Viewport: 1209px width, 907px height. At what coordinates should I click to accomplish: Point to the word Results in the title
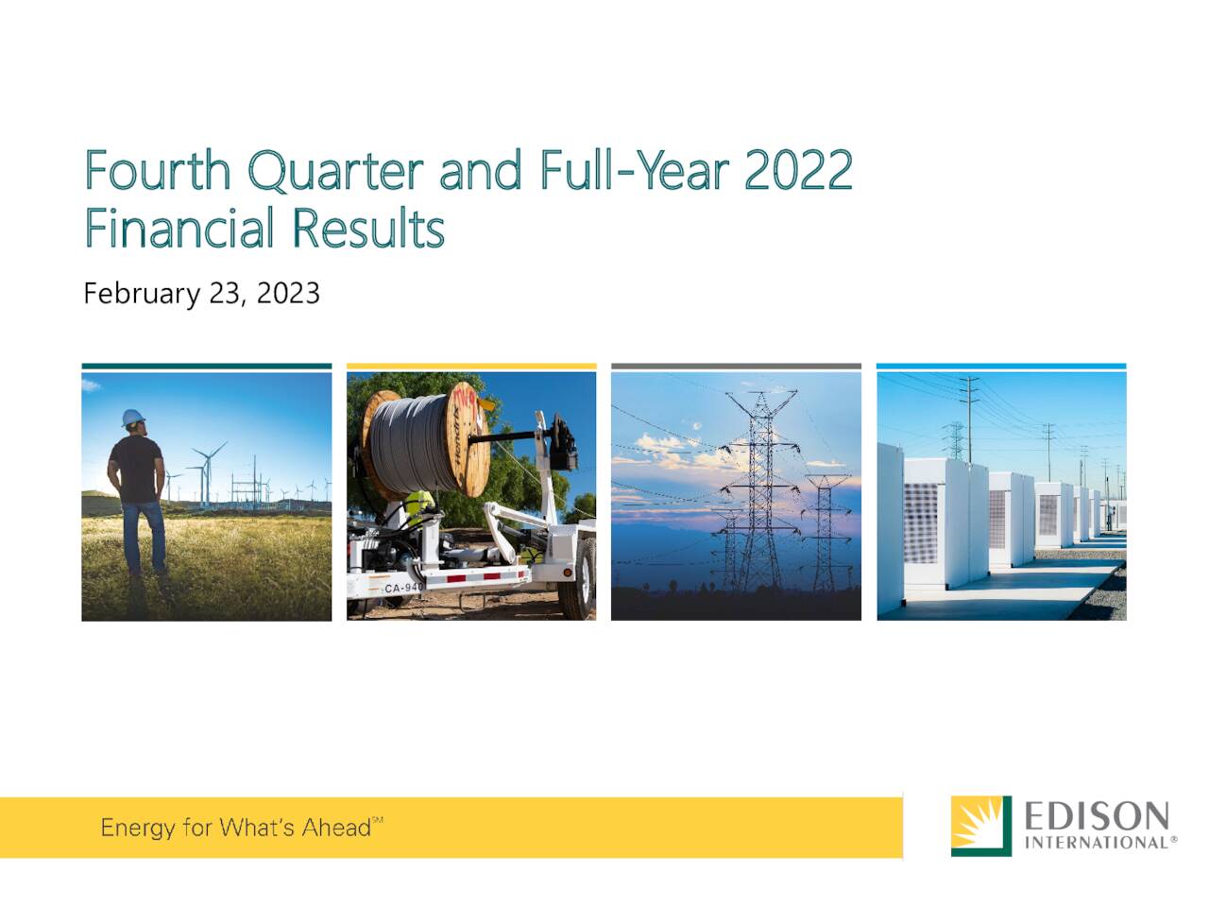pos(367,228)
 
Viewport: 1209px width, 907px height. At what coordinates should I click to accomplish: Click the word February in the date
pos(141,294)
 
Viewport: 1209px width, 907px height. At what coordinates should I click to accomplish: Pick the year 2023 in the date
pos(288,293)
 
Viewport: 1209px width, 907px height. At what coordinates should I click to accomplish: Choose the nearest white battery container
pos(921,515)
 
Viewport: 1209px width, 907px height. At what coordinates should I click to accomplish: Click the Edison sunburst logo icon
pos(980,826)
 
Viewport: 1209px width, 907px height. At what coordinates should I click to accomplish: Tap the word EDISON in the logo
pos(1097,815)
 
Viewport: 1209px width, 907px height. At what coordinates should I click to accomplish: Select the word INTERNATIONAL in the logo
pos(1097,842)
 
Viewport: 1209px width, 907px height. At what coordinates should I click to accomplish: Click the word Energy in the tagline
pos(138,829)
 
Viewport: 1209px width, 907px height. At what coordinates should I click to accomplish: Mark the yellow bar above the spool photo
pos(471,366)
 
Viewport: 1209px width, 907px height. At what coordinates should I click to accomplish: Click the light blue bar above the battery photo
pos(1001,366)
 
